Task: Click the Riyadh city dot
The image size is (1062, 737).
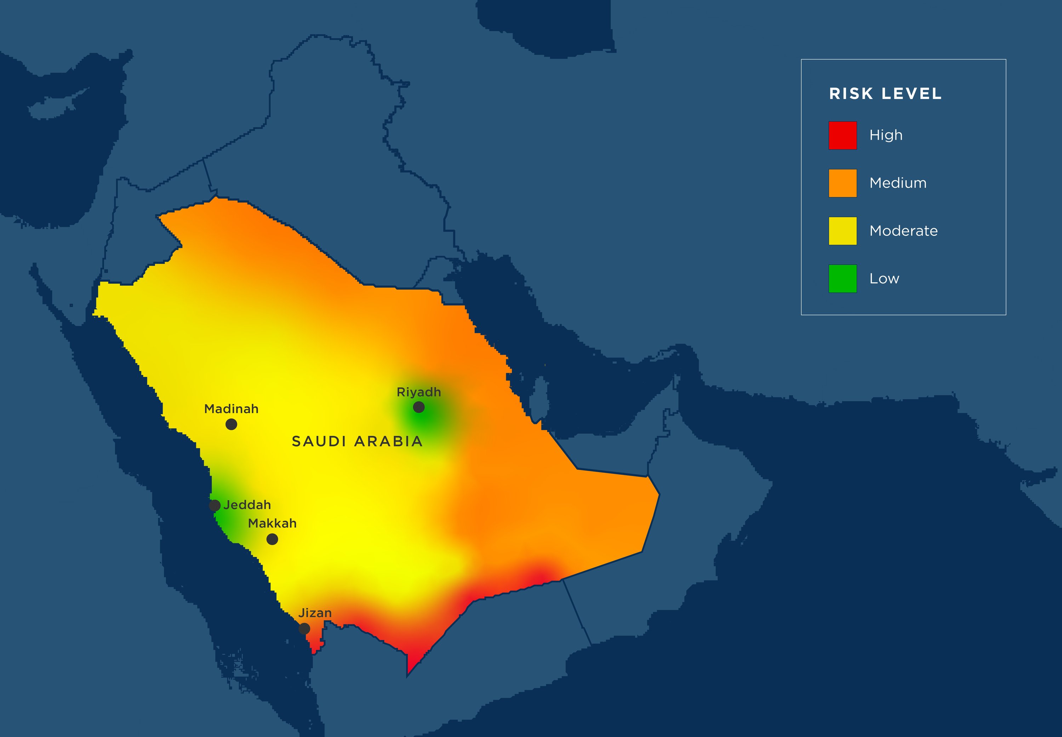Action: coord(419,407)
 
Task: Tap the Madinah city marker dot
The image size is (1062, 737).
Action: coord(231,424)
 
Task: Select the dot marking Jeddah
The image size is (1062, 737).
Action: coord(215,505)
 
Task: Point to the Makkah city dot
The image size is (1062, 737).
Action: coord(272,539)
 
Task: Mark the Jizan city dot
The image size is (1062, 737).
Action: coord(304,628)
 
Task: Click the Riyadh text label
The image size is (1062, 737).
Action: coord(419,392)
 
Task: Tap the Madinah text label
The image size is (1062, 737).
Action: coord(231,409)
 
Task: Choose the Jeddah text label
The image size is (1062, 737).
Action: coord(247,505)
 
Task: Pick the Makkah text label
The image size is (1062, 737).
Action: coord(272,523)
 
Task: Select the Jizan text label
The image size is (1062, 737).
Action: coord(315,613)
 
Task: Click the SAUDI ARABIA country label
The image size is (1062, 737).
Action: coord(357,441)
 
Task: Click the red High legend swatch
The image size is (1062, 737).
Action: coord(843,135)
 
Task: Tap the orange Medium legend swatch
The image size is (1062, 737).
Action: coord(843,183)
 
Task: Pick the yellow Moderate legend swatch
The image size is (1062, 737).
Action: coord(843,231)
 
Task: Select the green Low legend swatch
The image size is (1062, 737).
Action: coord(843,278)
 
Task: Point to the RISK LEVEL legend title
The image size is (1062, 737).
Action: coord(885,94)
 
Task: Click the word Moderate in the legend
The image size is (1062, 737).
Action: coord(903,231)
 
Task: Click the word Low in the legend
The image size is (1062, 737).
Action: coord(884,278)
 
